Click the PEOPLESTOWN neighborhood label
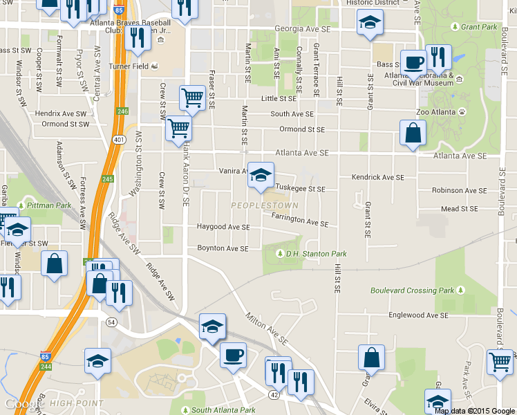(x=264, y=205)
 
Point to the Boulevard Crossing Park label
(x=412, y=290)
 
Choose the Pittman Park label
(x=48, y=205)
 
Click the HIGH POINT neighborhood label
(x=76, y=403)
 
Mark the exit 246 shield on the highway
(x=123, y=111)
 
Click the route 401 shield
(x=120, y=138)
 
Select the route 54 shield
(x=111, y=322)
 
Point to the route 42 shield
(x=274, y=395)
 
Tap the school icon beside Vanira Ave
(x=261, y=176)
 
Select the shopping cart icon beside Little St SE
(x=191, y=98)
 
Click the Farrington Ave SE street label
(x=299, y=220)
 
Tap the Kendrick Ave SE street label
(x=377, y=177)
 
